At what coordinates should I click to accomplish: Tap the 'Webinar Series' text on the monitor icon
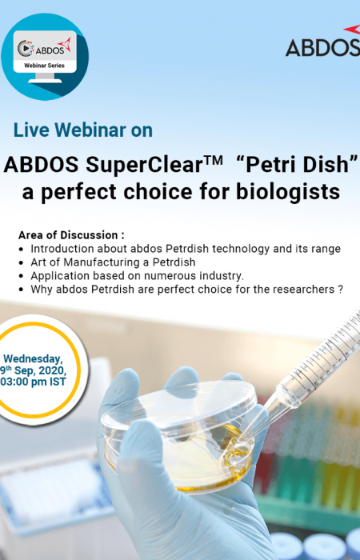point(44,66)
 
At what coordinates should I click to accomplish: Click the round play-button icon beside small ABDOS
point(25,48)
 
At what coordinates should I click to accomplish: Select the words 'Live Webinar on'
point(83,130)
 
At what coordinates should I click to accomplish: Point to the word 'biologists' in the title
point(288,192)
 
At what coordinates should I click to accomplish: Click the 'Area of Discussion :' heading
point(71,235)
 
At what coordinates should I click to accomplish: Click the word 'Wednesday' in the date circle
point(33,359)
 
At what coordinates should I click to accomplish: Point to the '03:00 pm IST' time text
point(34,382)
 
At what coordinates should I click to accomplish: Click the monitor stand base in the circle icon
point(45,81)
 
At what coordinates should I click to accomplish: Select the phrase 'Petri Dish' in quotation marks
point(297,165)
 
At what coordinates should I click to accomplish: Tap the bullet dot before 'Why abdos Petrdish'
point(22,290)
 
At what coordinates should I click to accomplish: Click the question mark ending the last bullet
point(340,290)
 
